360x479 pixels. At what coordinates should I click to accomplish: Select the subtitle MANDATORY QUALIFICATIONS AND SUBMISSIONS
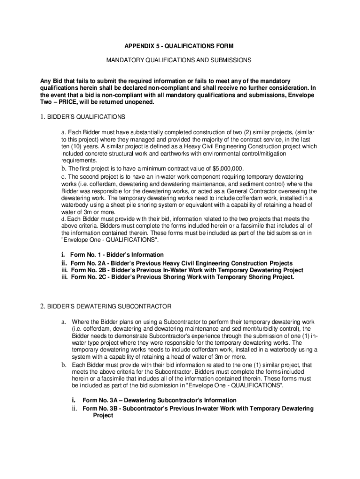tap(179, 60)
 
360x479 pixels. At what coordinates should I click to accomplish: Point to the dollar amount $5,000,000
tap(228, 168)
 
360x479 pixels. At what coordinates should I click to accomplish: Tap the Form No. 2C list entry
tap(182, 277)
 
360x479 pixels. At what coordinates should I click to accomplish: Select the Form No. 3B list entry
tap(198, 408)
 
